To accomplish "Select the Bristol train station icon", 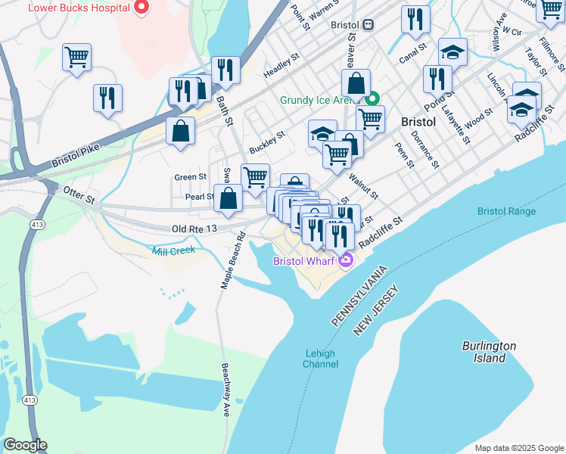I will point(368,24).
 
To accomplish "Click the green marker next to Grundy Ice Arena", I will point(372,99).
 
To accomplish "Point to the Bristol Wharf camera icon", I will point(346,261).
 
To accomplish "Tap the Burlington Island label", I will point(489,352).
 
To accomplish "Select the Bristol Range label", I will point(506,211).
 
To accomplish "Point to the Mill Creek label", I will point(173,250).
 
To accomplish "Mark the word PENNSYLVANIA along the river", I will point(359,297).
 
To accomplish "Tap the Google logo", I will point(25,445).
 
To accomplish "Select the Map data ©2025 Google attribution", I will point(518,447).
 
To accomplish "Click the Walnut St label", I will point(363,185).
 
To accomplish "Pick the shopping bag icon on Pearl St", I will point(229,199).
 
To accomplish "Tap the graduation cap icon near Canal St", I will point(452,51).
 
